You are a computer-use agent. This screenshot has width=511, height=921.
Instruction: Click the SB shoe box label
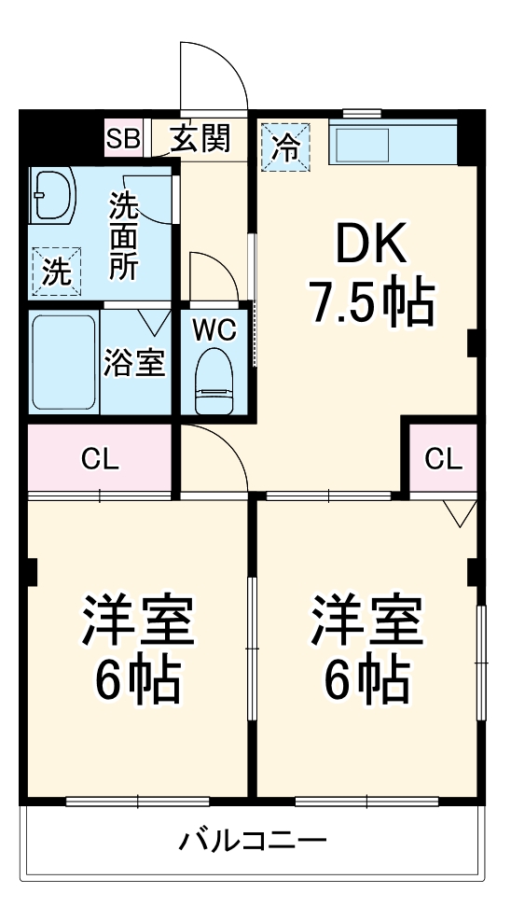point(122,140)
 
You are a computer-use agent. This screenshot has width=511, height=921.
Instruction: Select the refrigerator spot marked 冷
point(287,147)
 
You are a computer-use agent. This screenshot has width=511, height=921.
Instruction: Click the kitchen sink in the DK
point(362,145)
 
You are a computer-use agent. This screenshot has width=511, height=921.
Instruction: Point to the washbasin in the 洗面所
point(51,194)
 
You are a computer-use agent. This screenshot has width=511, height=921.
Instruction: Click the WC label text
point(213,329)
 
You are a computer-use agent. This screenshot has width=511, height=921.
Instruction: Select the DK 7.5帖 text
point(370,276)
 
